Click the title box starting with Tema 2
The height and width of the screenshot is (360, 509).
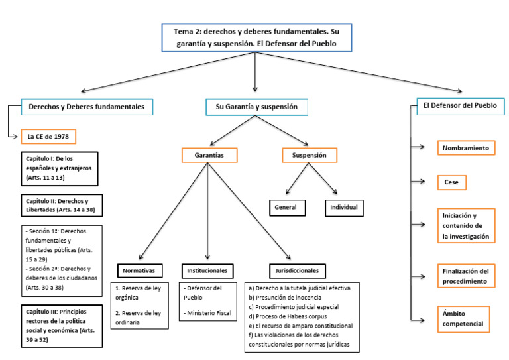[x=255, y=37]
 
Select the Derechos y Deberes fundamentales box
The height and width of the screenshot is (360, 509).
[x=86, y=107]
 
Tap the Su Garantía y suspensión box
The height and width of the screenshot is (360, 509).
[x=256, y=107]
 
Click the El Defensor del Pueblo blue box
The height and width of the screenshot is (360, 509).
[x=460, y=105]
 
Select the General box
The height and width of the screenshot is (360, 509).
[x=286, y=207]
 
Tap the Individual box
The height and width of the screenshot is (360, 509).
[x=343, y=207]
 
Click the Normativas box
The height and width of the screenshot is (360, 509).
[x=142, y=270]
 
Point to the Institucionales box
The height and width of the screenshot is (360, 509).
[x=207, y=270]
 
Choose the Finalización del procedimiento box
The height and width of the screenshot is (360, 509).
[x=466, y=276]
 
